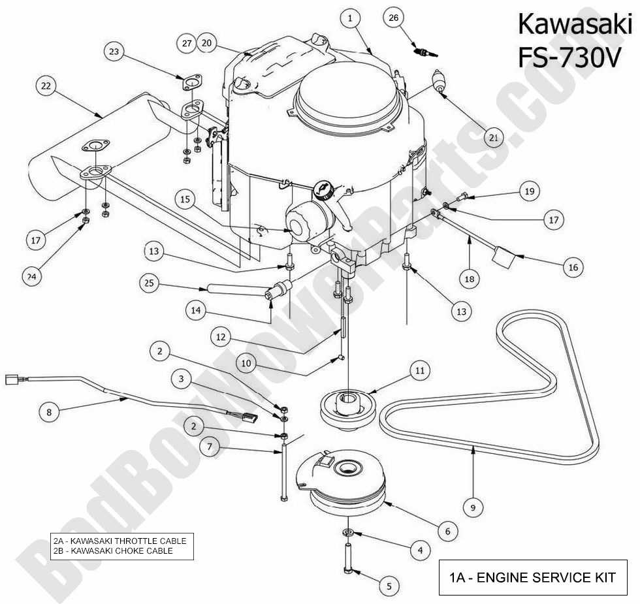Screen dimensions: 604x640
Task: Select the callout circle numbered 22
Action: (46, 86)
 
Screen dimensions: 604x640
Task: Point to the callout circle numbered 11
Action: (419, 371)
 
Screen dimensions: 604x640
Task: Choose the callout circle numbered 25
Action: (150, 283)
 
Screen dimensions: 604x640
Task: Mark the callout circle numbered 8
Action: (49, 412)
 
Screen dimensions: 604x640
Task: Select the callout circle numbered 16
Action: (573, 267)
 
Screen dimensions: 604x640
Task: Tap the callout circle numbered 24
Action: (31, 276)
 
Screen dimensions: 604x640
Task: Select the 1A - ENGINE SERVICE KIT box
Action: (532, 577)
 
